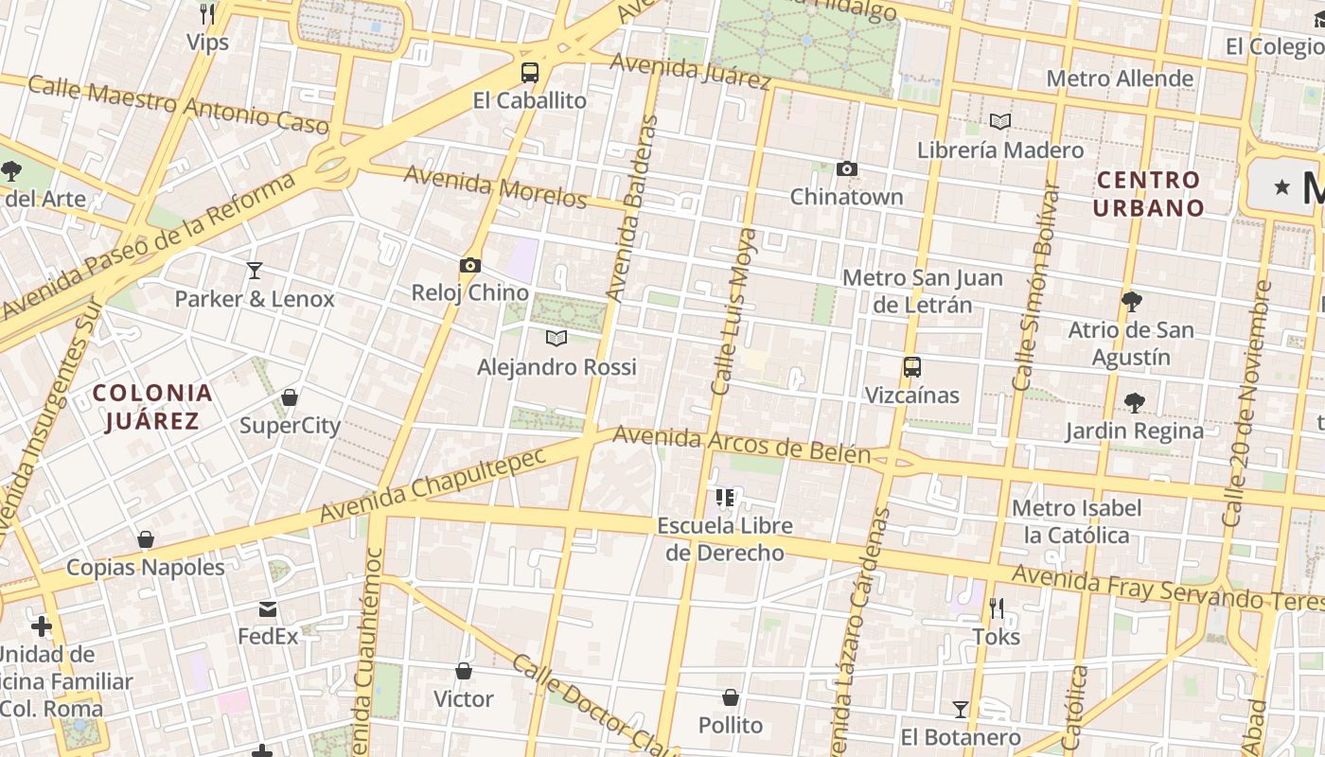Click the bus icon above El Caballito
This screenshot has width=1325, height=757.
click(530, 72)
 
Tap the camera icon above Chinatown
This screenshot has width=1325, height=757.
click(847, 169)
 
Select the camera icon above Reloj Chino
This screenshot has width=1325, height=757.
click(470, 266)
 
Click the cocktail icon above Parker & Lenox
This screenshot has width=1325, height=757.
click(255, 271)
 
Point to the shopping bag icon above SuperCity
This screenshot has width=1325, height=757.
click(290, 397)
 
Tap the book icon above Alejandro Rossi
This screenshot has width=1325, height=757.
click(556, 338)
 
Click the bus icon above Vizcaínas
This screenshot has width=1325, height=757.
click(912, 367)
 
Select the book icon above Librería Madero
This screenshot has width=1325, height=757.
click(1000, 121)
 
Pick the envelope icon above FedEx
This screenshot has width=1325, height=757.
click(268, 608)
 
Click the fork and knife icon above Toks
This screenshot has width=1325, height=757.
click(996, 607)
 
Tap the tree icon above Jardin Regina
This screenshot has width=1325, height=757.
click(1134, 403)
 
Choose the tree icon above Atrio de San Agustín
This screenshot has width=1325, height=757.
click(1131, 302)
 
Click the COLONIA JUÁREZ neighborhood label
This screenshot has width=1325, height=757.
click(152, 407)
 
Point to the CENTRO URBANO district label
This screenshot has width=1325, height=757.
click(1150, 194)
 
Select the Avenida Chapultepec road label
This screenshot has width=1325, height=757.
click(433, 484)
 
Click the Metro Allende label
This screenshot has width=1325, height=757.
click(1120, 79)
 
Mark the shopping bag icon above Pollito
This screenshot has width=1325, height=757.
click(731, 697)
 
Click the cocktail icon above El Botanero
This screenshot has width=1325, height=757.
click(961, 710)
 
